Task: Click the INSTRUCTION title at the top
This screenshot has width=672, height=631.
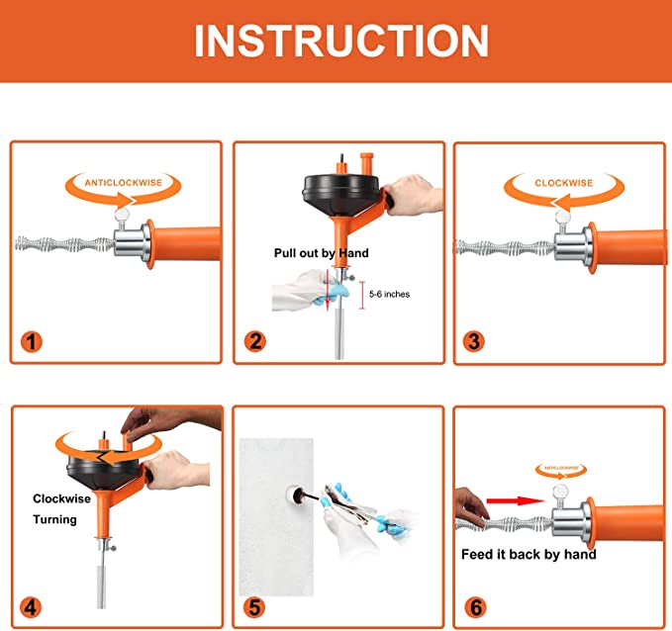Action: [341, 41]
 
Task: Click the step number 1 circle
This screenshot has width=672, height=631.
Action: [33, 342]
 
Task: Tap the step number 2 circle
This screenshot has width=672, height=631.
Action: [255, 342]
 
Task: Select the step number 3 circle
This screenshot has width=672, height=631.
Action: [475, 342]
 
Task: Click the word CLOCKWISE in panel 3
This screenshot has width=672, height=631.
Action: [563, 183]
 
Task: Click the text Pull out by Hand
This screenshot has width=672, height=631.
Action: [321, 253]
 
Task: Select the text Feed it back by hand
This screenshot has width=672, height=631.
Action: [528, 554]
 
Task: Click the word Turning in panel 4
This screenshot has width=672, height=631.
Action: [54, 519]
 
